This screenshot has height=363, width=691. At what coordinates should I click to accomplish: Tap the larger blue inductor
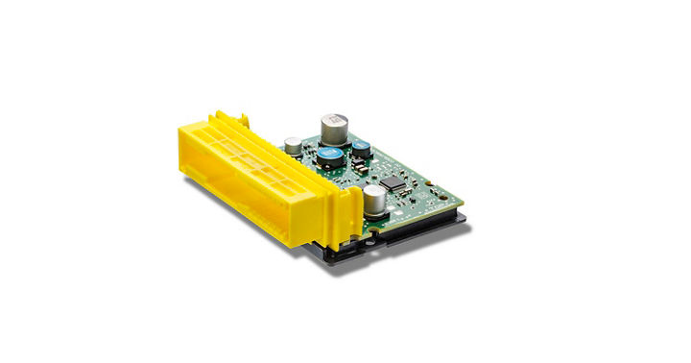click(x=332, y=154)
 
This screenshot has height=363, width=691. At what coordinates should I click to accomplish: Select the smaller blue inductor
click(x=362, y=148)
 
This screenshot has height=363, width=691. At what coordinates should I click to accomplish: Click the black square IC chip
click(x=393, y=181)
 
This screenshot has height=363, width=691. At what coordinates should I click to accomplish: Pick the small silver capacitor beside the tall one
click(x=292, y=146)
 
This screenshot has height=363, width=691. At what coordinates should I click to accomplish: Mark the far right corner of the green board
click(x=464, y=196)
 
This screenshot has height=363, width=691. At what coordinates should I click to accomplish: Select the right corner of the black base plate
click(x=466, y=219)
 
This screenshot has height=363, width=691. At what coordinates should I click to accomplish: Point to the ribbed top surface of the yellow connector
click(x=259, y=149)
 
